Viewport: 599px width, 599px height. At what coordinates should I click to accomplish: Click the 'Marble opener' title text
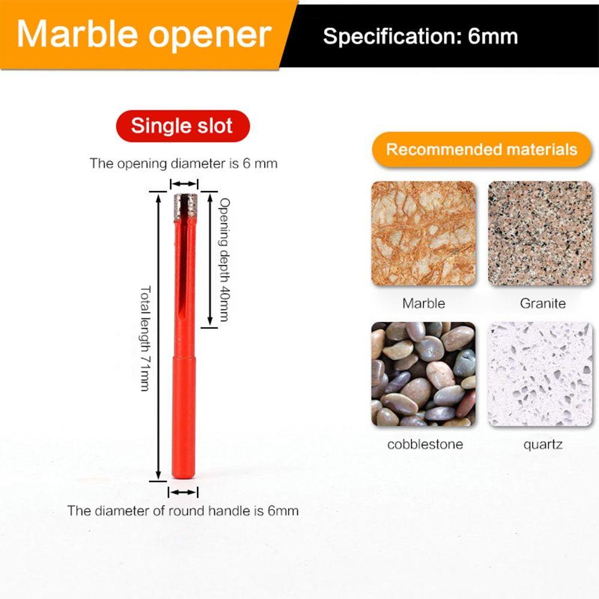(x=144, y=34)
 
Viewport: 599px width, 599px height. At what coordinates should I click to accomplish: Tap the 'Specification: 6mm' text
(x=420, y=37)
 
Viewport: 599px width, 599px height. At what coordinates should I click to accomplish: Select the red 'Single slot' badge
(x=183, y=126)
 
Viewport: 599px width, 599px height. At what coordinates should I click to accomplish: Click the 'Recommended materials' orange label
(x=482, y=149)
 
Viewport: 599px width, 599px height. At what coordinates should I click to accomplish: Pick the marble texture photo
(x=423, y=234)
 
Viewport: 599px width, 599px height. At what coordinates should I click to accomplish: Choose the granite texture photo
(x=540, y=234)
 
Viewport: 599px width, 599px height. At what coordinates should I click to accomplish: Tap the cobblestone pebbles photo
(x=423, y=374)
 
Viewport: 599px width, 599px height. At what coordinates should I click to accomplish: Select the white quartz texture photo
(x=540, y=374)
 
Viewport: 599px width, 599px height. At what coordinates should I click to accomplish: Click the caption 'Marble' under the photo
(x=423, y=303)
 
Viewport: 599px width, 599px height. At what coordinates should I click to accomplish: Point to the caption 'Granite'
(x=543, y=303)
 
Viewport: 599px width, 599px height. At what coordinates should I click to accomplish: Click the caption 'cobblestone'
(x=425, y=444)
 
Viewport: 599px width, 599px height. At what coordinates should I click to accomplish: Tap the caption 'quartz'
(x=543, y=445)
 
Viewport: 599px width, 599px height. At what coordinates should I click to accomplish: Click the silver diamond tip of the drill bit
(x=185, y=207)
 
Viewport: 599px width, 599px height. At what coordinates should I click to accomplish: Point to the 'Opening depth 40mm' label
(x=224, y=260)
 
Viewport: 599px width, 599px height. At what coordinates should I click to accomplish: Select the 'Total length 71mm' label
(x=145, y=338)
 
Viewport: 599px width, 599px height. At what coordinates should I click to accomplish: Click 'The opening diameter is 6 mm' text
(x=183, y=164)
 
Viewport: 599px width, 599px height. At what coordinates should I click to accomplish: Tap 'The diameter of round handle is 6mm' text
(x=183, y=511)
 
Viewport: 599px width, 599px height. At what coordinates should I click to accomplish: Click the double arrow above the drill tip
(x=184, y=184)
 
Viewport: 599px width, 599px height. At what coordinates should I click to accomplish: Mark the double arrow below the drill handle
(x=183, y=492)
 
